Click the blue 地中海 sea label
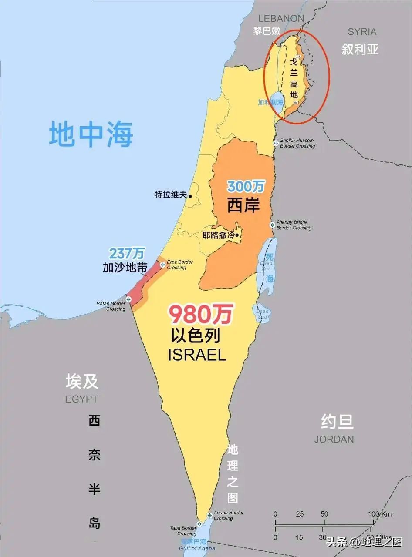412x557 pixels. [91, 134]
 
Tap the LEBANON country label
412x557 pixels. [281, 18]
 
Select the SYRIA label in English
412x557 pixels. [362, 32]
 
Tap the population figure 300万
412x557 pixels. [246, 187]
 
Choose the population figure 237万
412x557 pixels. [127, 253]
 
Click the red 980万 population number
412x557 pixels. [201, 314]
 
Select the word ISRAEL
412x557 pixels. [197, 355]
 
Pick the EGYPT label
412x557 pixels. [81, 399]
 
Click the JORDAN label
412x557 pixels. [334, 439]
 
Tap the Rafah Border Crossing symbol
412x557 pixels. [128, 299]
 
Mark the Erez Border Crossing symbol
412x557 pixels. [162, 265]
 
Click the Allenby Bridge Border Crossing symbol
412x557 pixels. [272, 225]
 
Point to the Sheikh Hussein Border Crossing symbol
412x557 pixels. [275, 143]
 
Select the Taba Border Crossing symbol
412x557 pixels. [199, 523]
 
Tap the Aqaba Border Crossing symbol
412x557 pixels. [209, 515]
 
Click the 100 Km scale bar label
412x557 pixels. [380, 514]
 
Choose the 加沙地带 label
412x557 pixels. [125, 267]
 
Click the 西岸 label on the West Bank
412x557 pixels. [243, 205]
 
